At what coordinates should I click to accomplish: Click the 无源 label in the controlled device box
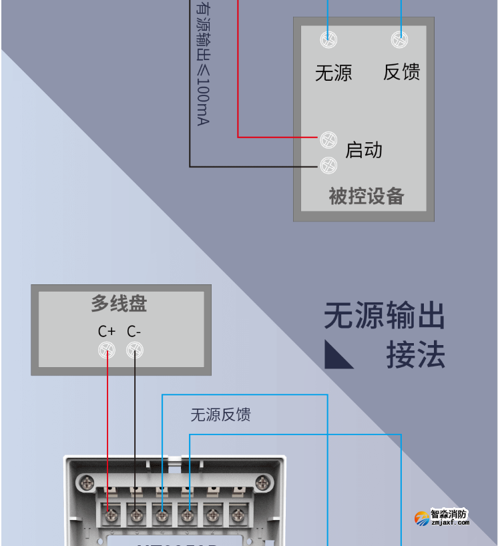333,72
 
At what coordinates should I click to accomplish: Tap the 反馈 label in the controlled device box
401,72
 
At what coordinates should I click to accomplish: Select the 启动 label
364,150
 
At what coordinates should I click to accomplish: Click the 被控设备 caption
366,196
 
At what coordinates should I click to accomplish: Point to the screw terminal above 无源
328,39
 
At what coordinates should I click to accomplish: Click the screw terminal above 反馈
400,39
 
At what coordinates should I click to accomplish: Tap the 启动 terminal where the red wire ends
328,140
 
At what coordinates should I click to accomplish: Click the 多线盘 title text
119,304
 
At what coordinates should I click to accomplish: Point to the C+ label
107,332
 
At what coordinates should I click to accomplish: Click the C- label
134,332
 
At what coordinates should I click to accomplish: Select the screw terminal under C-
136,350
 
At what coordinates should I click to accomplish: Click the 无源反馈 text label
220,415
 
